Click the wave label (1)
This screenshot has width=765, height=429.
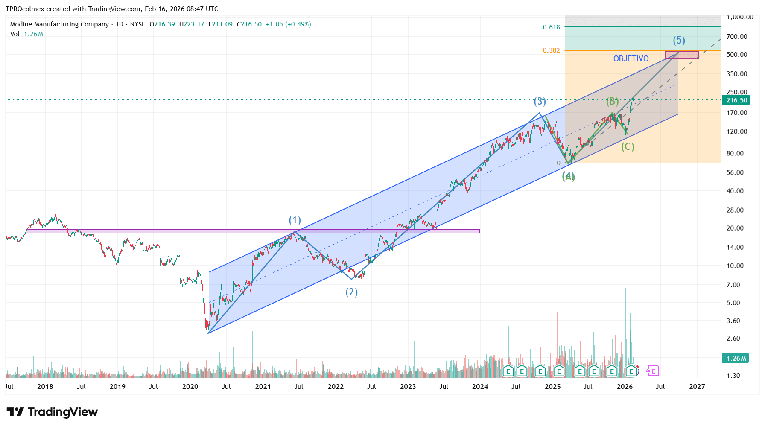tap(295, 220)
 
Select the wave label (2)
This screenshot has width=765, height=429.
tap(351, 292)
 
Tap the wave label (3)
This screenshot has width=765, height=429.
tap(540, 102)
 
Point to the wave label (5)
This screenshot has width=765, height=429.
tap(679, 41)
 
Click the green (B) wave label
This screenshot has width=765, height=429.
tap(612, 102)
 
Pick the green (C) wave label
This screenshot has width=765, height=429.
tap(628, 147)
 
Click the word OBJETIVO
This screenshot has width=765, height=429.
tap(631, 59)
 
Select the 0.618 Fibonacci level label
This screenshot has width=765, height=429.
tap(551, 27)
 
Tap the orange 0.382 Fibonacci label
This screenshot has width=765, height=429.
tap(551, 50)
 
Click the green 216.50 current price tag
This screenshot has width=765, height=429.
tap(736, 100)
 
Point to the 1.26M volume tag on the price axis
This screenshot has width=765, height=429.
tap(736, 359)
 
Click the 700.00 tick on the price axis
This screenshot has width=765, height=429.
tap(737, 37)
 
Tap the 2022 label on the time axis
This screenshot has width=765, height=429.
tap(336, 387)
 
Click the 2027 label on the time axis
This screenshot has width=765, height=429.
tap(697, 387)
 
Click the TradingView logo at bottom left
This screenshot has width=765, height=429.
tap(52, 412)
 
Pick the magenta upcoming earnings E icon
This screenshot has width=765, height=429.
tap(653, 371)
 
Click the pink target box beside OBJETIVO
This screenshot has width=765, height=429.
tap(682, 55)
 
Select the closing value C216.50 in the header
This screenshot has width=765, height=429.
tap(249, 24)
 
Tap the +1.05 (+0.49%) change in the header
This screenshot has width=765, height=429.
tap(288, 24)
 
